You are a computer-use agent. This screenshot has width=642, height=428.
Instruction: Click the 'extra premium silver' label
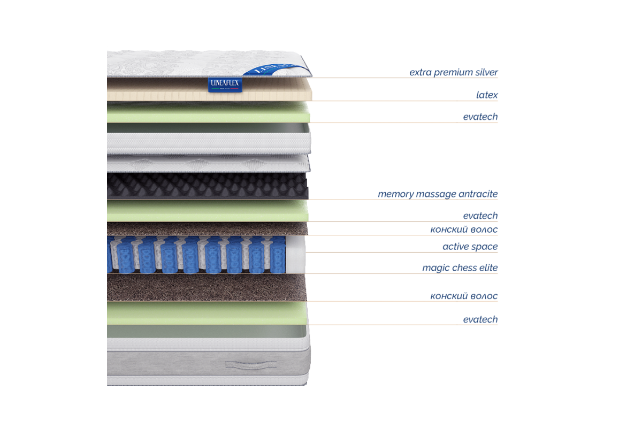[x=454, y=72]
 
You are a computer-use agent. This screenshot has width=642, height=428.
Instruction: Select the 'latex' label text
[x=487, y=95]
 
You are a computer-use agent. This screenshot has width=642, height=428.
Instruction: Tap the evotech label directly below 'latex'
[x=480, y=117]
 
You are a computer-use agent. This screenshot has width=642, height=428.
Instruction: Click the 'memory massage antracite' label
[x=438, y=194]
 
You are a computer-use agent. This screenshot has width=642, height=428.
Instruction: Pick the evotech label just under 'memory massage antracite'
[x=480, y=216]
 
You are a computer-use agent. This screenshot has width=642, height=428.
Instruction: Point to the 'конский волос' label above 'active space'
[x=464, y=230]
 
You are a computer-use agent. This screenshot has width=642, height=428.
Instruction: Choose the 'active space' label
[x=470, y=247]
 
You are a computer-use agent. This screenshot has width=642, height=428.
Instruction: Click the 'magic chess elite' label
[x=460, y=267]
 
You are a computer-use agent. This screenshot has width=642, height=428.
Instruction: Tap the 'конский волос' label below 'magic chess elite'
[x=464, y=295]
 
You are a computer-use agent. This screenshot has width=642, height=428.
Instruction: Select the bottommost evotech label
[x=480, y=319]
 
